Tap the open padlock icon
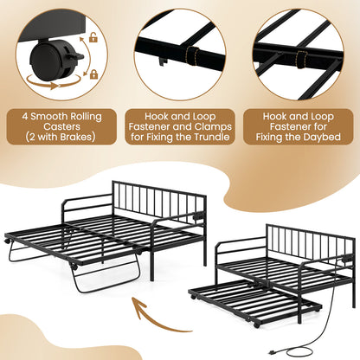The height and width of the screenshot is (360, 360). [90, 38]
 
